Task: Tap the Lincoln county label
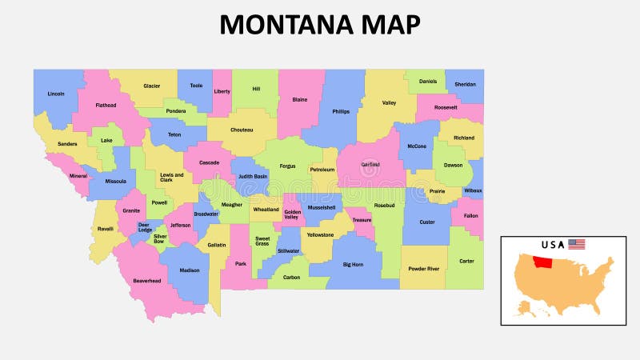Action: click(56, 94)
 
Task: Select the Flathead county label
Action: click(106, 105)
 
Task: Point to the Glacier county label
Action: click(151, 86)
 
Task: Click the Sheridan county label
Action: click(465, 84)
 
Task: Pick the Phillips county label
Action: click(341, 111)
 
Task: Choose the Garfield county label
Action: click(370, 164)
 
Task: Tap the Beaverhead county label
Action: click(147, 281)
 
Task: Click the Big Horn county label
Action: click(353, 264)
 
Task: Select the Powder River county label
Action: click(423, 269)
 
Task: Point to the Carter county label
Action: click(466, 261)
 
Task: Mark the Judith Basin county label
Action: click(252, 176)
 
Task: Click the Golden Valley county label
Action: click(292, 214)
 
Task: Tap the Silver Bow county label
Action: click(160, 238)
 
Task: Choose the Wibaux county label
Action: click(473, 191)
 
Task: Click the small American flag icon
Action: click(577, 244)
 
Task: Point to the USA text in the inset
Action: click(553, 244)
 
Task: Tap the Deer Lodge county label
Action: click(144, 228)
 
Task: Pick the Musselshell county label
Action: click(321, 207)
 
